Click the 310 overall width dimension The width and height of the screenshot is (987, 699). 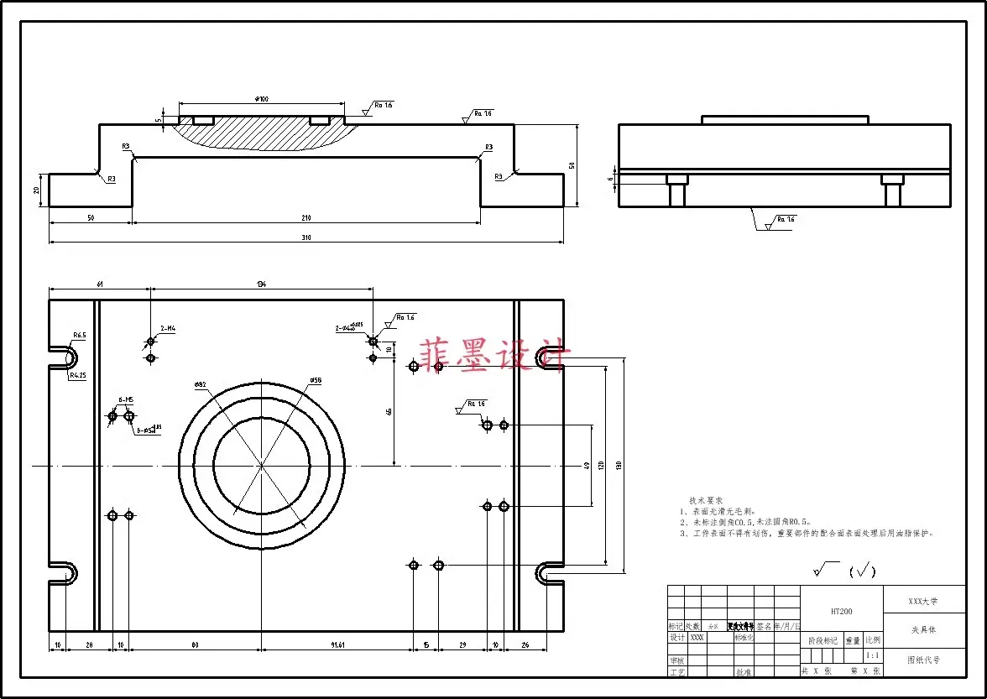306,238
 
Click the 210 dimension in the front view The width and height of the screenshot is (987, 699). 306,218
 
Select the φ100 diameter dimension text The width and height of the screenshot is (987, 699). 262,100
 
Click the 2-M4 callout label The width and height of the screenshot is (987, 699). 168,328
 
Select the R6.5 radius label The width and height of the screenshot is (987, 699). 79,336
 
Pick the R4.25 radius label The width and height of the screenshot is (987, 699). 78,376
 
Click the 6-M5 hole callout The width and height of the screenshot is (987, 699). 127,399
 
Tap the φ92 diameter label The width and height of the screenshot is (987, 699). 200,385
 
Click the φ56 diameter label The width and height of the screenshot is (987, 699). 316,381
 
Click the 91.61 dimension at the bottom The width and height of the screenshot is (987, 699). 337,644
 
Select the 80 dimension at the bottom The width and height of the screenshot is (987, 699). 195,644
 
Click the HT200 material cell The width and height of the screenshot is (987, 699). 842,612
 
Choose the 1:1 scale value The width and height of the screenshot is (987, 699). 873,655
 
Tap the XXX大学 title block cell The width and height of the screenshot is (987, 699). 923,602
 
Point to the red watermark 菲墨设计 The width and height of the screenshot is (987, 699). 495,356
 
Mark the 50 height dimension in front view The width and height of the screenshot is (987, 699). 572,165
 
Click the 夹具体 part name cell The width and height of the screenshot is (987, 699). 923,629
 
